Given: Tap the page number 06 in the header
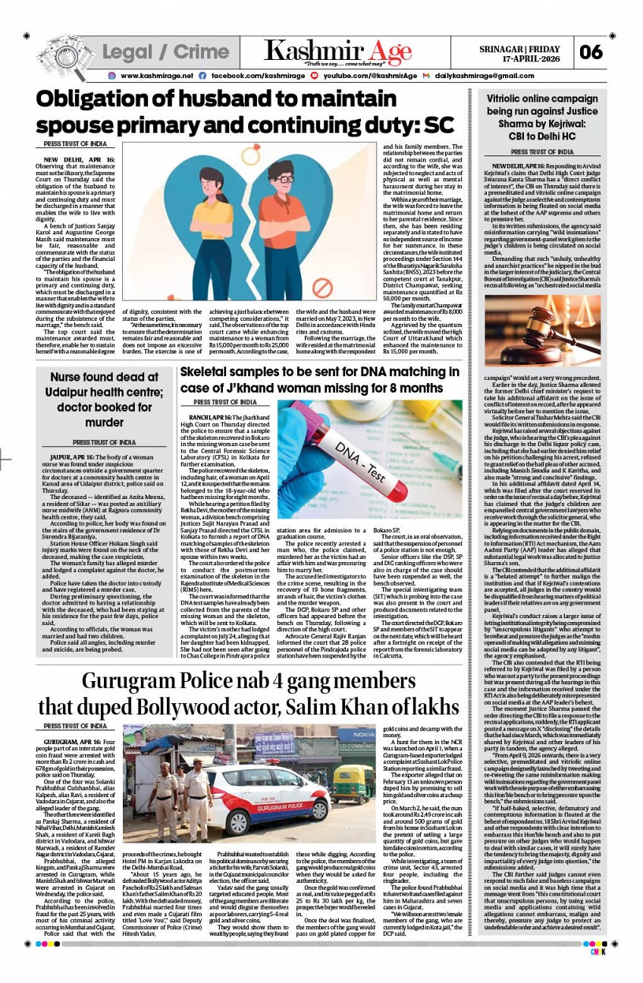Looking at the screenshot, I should tap(591, 52).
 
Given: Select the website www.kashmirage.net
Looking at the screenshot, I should tap(157, 76).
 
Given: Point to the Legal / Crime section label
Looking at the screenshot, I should tap(165, 52).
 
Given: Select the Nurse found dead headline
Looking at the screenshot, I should tap(104, 399).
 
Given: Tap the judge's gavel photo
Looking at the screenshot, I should tap(542, 330).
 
